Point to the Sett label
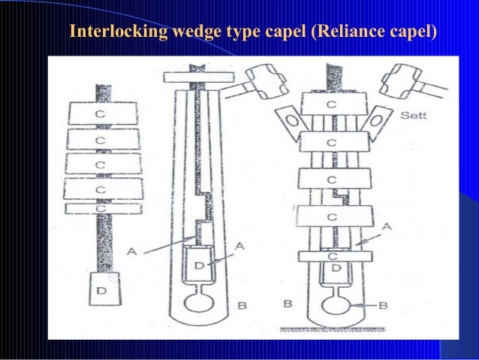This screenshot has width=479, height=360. point(415,116)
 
